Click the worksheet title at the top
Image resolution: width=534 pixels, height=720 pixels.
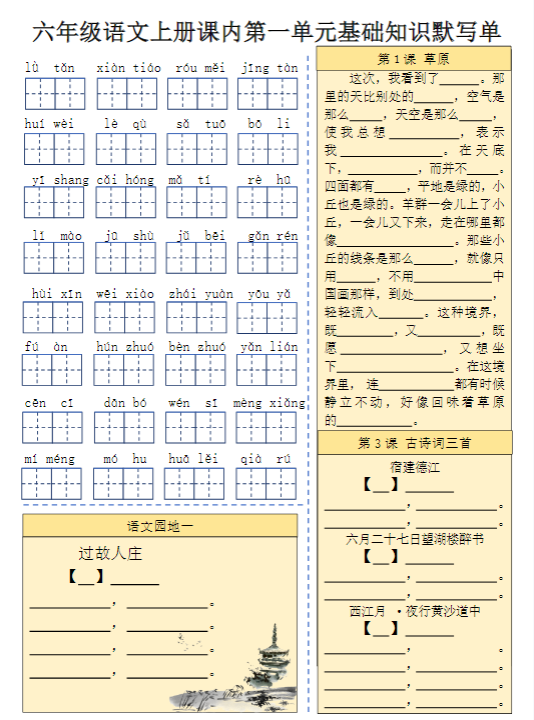click(266, 31)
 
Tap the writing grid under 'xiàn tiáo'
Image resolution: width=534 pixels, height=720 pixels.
click(127, 93)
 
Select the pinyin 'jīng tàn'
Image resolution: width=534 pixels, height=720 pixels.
click(269, 68)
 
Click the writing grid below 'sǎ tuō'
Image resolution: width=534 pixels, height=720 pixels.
click(197, 149)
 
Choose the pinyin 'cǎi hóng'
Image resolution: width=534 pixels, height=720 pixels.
click(126, 180)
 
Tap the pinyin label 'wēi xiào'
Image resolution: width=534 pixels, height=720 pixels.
click(126, 294)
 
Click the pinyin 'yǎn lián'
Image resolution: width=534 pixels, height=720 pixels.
click(269, 347)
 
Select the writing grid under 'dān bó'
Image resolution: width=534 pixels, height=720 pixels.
click(126, 428)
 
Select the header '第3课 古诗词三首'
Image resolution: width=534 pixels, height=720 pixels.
click(414, 443)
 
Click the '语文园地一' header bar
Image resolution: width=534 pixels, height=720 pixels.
click(160, 526)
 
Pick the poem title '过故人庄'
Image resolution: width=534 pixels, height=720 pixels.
click(111, 553)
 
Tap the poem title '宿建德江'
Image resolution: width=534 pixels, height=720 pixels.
click(414, 467)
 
